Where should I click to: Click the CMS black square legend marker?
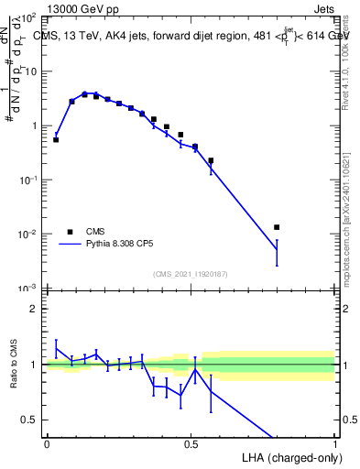click(70, 232)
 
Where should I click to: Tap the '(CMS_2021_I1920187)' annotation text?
click(191, 272)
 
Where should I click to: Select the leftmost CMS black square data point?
click(56, 140)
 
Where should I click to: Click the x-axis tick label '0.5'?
click(191, 442)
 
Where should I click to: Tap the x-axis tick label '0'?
click(47, 442)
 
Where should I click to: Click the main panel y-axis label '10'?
click(29, 71)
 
